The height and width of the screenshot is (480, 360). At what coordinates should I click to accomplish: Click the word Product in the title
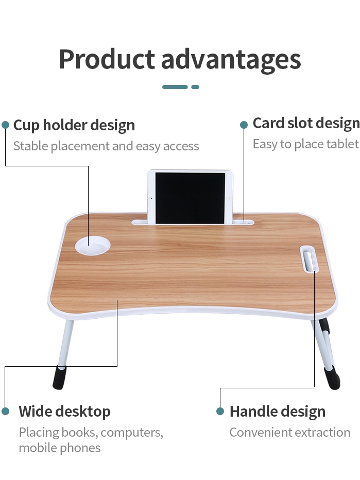coord(107,59)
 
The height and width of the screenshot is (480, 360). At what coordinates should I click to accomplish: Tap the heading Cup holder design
coord(74,125)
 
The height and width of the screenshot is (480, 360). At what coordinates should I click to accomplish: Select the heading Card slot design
coord(306,124)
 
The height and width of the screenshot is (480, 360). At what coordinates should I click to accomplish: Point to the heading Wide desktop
coord(64,412)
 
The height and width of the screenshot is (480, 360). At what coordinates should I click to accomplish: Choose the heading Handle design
coord(278,412)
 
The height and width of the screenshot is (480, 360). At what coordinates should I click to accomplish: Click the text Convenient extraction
coord(290,433)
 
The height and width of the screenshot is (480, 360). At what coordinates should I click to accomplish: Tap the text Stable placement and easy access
coord(106,146)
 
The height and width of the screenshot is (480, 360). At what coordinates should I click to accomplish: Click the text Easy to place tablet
coord(305,144)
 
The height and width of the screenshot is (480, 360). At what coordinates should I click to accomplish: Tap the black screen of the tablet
coord(190,198)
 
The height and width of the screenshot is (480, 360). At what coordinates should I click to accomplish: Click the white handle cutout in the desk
coord(310,259)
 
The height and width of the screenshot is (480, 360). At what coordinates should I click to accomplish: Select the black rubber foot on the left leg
coord(60,378)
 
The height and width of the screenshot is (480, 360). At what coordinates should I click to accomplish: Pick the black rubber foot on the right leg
coord(332,378)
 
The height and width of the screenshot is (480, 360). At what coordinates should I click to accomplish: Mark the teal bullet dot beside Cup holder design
coord(6,125)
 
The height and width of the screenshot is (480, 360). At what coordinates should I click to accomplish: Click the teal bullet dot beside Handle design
coord(220,411)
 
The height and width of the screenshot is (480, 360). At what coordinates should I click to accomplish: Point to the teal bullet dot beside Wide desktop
coord(6,411)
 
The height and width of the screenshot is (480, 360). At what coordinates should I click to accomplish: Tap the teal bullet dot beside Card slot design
coord(244,125)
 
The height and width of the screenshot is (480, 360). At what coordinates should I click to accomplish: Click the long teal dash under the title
coord(175,87)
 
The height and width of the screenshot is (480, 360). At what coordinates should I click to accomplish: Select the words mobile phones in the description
coord(60,448)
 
